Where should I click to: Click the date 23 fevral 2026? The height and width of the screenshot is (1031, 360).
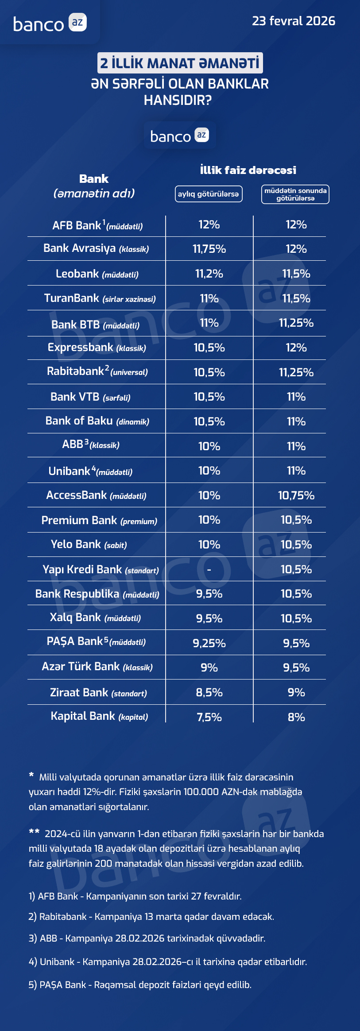293,21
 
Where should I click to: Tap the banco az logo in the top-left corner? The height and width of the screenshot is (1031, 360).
50,23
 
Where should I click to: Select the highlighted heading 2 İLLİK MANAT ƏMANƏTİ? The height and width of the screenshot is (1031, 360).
180,63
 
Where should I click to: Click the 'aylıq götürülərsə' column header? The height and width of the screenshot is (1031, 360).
209,194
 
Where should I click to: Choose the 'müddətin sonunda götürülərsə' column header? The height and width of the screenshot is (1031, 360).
295,194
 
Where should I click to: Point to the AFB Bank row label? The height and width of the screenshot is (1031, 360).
97,226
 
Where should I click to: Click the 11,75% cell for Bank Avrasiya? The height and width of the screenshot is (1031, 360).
209,249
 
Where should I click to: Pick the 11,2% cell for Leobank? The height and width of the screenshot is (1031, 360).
209,274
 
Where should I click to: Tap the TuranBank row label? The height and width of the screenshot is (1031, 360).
100,298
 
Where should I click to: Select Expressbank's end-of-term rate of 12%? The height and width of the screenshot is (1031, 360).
296,348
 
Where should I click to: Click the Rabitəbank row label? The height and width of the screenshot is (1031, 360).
97,371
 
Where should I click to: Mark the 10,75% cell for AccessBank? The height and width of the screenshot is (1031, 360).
296,495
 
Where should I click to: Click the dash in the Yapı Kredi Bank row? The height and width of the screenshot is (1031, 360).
209,569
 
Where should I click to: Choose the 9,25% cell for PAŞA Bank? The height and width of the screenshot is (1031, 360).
209,643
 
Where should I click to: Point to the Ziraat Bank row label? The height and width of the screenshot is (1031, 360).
98,693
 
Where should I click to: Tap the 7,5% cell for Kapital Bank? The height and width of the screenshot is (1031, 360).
209,717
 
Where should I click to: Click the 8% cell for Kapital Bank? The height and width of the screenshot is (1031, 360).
296,717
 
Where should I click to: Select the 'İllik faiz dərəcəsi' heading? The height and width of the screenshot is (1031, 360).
248,170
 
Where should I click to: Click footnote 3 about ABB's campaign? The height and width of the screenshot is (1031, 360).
147,938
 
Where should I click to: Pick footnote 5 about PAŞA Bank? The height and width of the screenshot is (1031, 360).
140,985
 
